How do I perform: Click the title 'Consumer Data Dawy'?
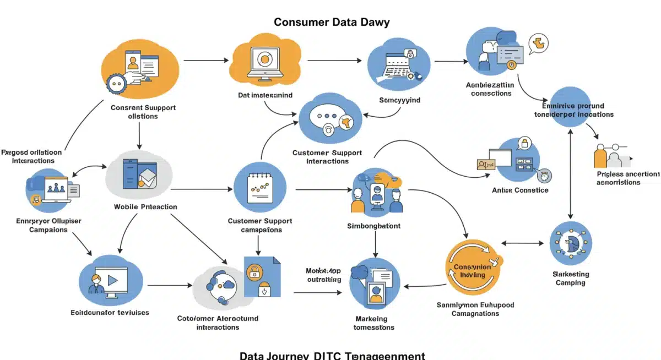click(x=332, y=22)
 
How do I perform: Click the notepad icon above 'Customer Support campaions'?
click(x=260, y=187)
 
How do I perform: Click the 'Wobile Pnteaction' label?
click(x=145, y=207)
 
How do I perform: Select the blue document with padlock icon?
click(x=262, y=277)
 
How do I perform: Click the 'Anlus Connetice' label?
click(x=520, y=190)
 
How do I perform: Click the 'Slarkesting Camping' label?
click(x=571, y=279)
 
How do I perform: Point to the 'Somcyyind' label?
click(x=399, y=100)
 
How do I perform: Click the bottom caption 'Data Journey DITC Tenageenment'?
click(x=332, y=355)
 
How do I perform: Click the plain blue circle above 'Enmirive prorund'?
click(x=570, y=106)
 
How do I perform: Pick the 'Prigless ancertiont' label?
click(x=627, y=178)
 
